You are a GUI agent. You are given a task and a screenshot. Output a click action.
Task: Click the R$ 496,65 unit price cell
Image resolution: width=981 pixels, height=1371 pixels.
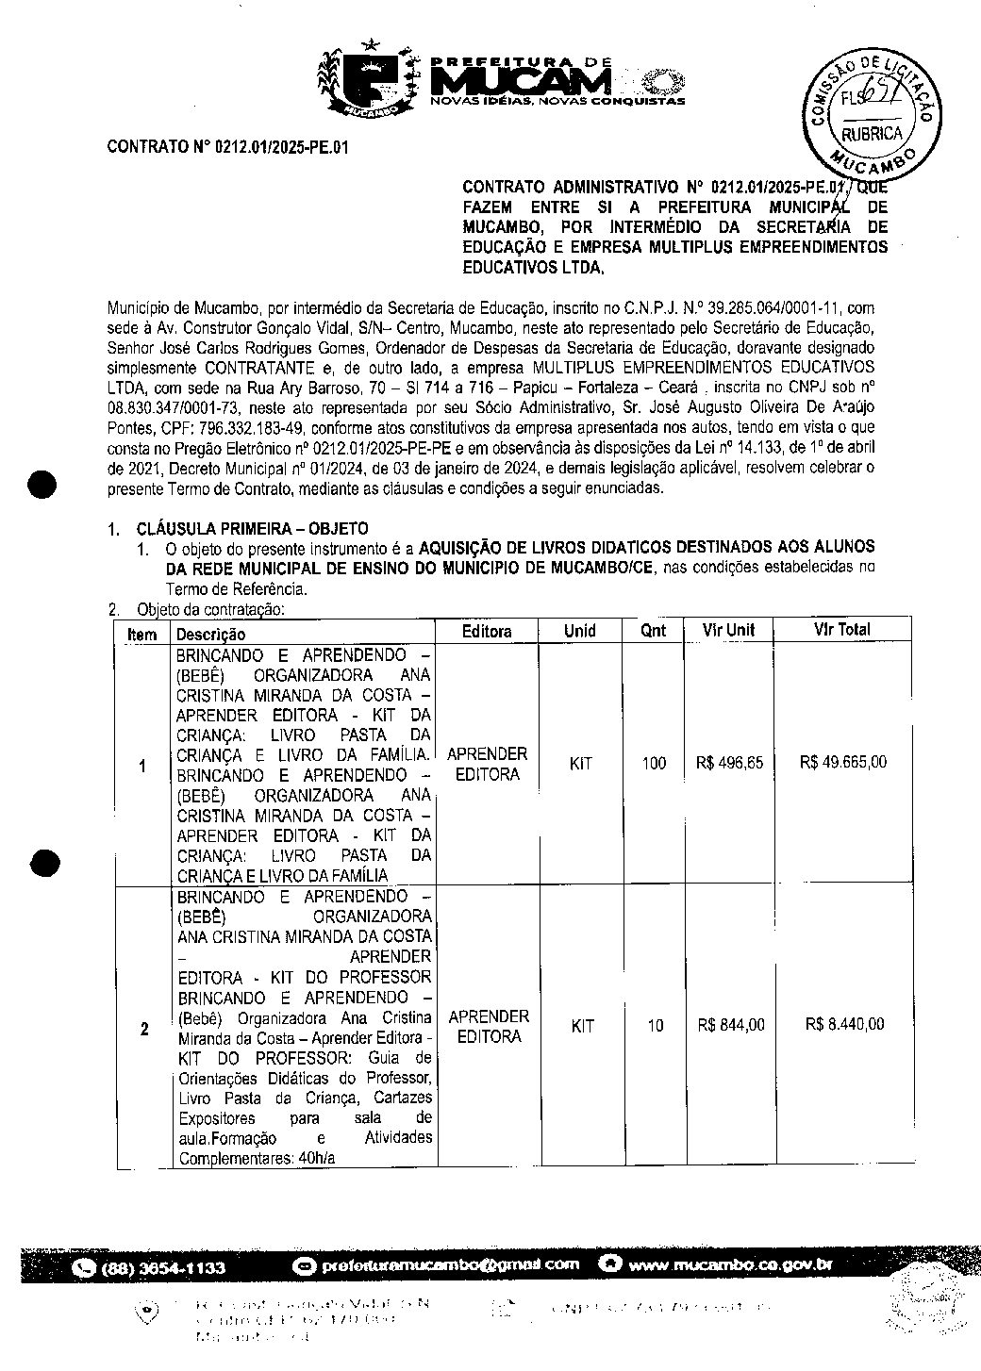tap(729, 763)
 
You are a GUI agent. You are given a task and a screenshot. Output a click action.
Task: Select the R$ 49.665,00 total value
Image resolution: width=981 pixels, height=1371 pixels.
tap(842, 763)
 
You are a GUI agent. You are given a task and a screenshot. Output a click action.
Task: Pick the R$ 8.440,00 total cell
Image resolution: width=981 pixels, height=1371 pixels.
tap(845, 1024)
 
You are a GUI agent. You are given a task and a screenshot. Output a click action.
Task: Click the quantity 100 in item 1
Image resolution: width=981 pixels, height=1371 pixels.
tap(654, 764)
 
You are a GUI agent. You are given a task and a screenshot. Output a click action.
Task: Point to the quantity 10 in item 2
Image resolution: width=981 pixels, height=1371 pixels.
tap(655, 1026)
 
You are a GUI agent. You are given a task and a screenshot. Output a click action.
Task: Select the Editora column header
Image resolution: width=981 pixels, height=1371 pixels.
tap(487, 631)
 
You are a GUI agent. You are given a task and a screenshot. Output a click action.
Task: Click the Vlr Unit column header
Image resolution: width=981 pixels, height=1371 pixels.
tap(727, 630)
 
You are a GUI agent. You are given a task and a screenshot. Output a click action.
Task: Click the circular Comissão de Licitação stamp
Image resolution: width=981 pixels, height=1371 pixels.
tap(871, 111)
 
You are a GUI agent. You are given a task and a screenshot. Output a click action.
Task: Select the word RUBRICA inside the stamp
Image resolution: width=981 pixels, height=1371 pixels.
tap(873, 134)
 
